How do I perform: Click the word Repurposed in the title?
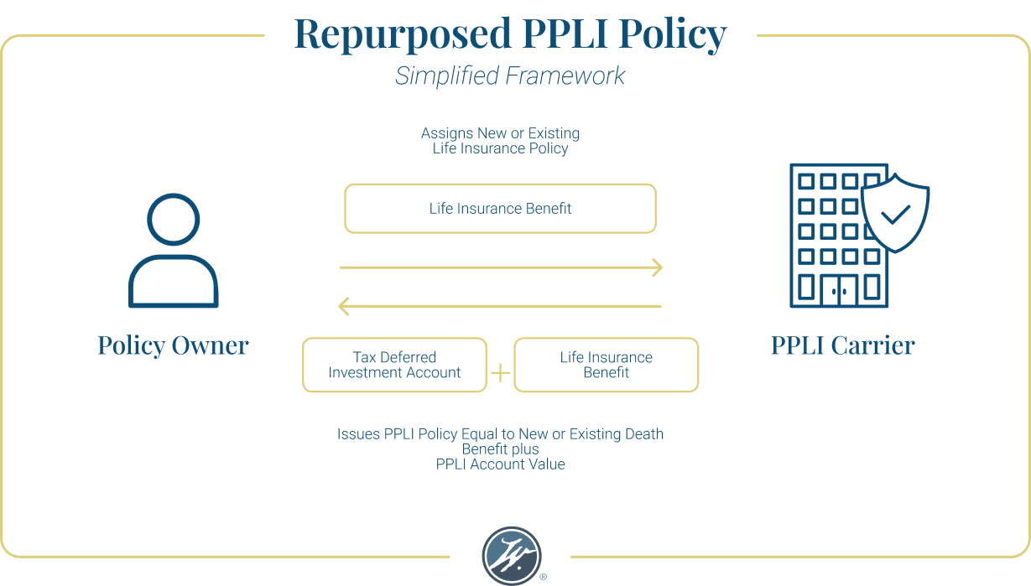(x=401, y=34)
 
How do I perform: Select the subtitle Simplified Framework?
(x=510, y=75)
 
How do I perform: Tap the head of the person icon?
(x=174, y=219)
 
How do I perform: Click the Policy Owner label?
(x=174, y=345)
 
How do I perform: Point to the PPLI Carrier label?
(x=843, y=345)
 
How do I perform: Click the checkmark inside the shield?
(x=895, y=215)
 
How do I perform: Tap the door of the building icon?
(x=839, y=290)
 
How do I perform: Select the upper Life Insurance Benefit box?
(x=500, y=209)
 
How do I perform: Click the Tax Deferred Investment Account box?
(x=394, y=366)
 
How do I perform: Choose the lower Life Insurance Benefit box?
(x=606, y=366)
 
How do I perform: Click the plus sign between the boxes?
(x=500, y=372)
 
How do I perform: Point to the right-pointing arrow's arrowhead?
(x=658, y=268)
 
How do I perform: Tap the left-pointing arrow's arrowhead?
(x=343, y=307)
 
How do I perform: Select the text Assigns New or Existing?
(x=500, y=133)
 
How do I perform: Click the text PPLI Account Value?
(x=500, y=464)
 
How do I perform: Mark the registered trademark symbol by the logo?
(x=544, y=578)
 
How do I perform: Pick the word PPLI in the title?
(x=568, y=34)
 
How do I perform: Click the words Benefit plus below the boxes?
(x=500, y=449)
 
